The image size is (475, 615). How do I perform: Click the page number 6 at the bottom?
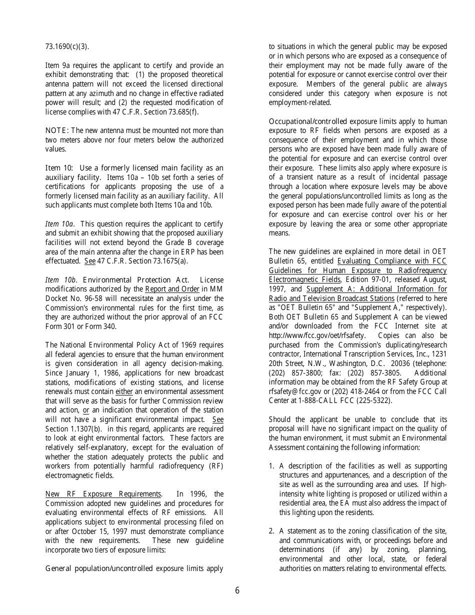tap(237, 590)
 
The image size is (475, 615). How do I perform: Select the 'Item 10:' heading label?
tap(59, 168)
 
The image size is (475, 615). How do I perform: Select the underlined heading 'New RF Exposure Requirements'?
tap(103, 494)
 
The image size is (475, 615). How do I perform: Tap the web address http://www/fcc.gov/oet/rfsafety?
tap(317, 335)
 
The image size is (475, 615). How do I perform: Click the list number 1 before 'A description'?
tap(271, 466)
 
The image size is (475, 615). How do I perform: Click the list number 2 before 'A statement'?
tap(271, 531)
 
